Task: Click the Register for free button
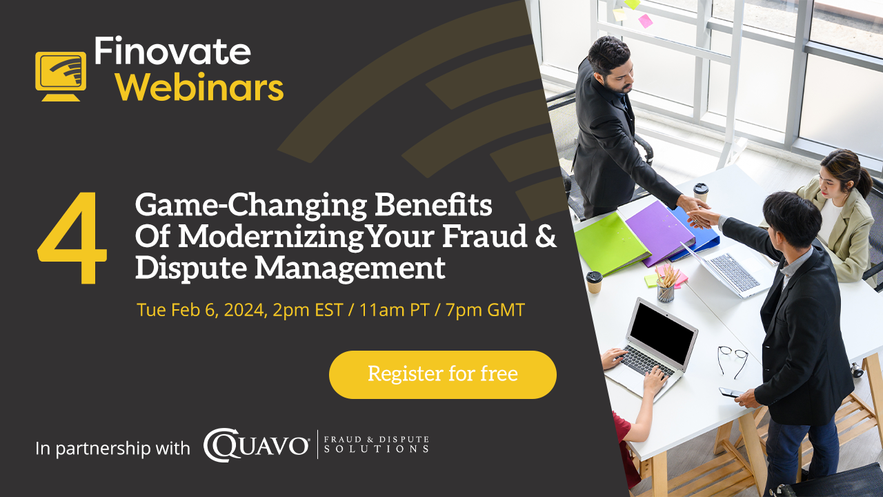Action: tap(443, 374)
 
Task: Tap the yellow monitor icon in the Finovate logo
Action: tap(61, 76)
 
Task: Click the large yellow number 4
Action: tap(72, 238)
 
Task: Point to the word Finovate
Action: tap(172, 51)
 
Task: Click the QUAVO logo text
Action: tap(256, 446)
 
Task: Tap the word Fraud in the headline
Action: tap(484, 236)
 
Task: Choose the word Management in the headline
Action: tap(350, 269)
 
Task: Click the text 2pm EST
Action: tap(308, 310)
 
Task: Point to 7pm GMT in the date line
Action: tap(485, 310)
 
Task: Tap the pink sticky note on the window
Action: tap(645, 21)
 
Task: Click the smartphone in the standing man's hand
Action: tap(730, 393)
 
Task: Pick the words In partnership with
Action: tap(112, 449)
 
